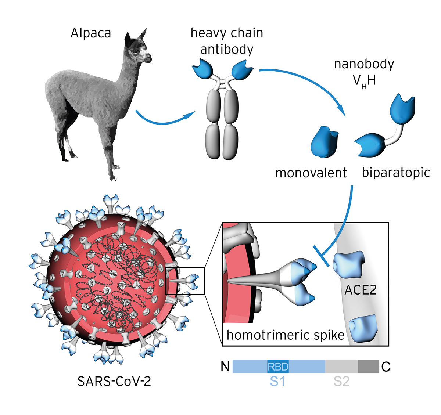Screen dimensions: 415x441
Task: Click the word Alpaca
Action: [x=91, y=33]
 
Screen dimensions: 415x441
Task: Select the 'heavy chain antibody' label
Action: [x=227, y=41]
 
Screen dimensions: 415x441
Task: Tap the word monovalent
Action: [x=311, y=173]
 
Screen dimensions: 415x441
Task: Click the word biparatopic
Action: [x=396, y=172]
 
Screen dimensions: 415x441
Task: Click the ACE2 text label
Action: [x=361, y=290]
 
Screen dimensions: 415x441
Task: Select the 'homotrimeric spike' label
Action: [x=286, y=335]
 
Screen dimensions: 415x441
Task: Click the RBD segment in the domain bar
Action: [x=278, y=367]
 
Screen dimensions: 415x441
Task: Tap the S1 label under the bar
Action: [x=277, y=381]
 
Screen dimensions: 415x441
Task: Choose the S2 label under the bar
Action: [x=341, y=381]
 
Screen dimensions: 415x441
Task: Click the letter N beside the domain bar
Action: [x=225, y=367]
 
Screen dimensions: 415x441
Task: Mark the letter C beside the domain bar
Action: [x=386, y=367]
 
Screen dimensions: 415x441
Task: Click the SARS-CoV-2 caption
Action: [x=114, y=381]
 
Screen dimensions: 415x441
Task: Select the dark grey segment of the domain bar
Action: [x=369, y=367]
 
